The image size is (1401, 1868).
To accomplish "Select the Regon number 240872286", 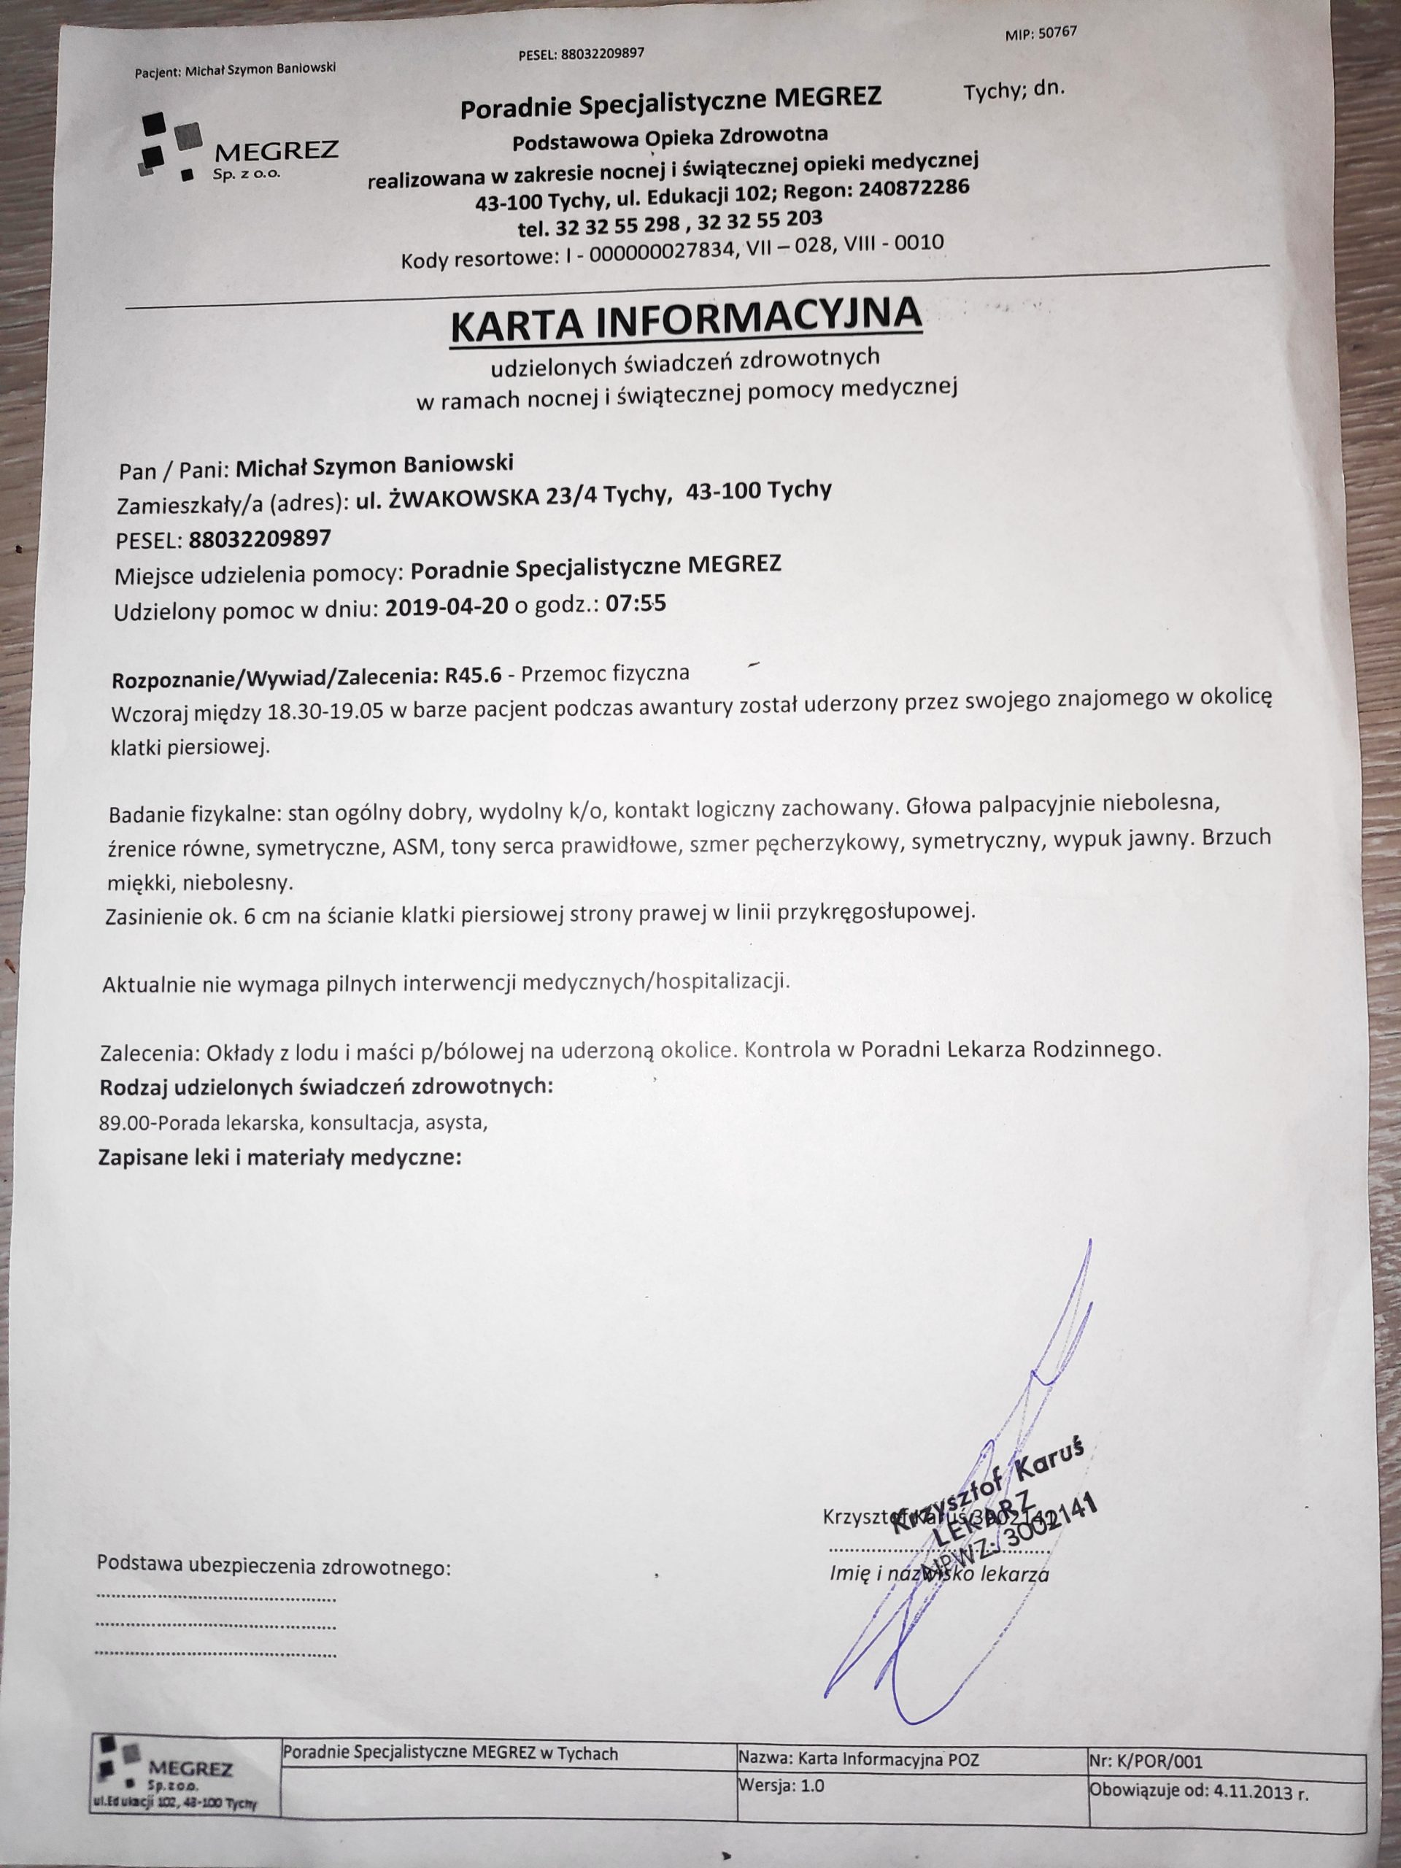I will [913, 189].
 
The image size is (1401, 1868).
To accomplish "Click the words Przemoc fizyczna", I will [605, 673].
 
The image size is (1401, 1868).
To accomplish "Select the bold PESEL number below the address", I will [260, 538].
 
